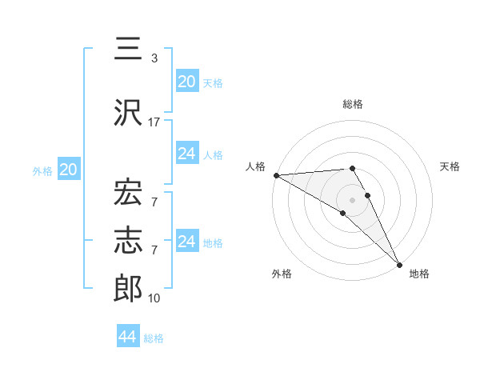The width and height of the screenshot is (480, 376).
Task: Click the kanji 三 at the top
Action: pos(128,49)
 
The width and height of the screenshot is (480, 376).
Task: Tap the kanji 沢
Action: pos(128,112)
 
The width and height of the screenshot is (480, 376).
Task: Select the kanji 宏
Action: pos(128,192)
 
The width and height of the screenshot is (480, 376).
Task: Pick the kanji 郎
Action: pos(128,289)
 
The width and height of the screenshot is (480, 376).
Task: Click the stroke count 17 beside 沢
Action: pos(154,122)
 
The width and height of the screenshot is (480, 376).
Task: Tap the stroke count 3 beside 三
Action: pos(154,58)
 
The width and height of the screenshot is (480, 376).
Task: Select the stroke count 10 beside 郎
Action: pos(154,298)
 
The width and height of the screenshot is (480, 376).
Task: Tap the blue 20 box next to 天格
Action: pos(186,81)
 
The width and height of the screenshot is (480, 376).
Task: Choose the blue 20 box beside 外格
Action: pos(68,170)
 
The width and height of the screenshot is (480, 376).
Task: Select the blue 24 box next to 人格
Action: pos(186,153)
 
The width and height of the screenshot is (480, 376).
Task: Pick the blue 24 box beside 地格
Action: pos(186,241)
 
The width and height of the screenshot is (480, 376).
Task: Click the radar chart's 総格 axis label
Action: pos(353,104)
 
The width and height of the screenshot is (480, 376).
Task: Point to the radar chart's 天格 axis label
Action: pos(450,166)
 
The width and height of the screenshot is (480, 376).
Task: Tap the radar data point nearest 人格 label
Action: pos(276,175)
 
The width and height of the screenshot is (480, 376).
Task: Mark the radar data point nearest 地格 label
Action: pos(399,263)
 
